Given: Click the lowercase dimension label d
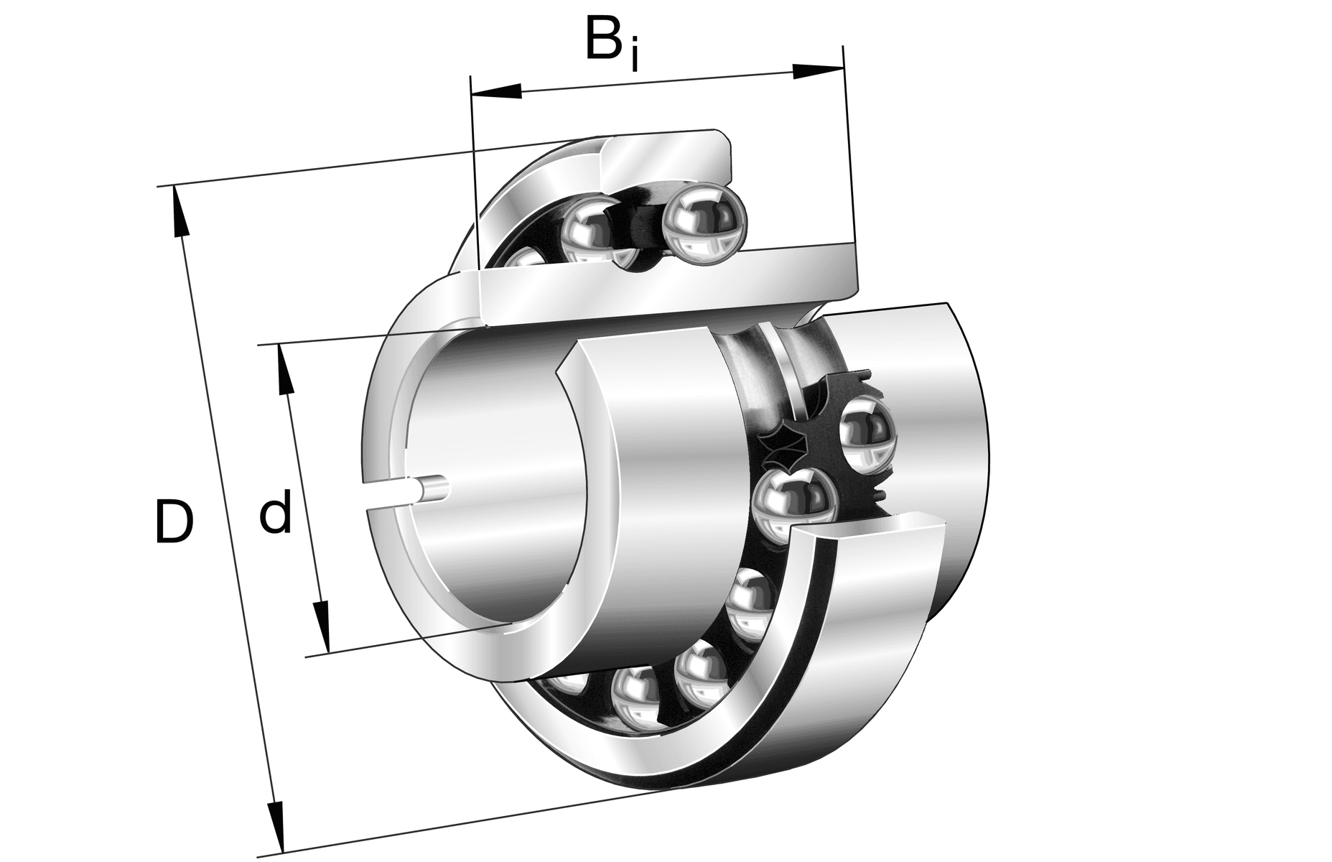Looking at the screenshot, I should coord(275,513).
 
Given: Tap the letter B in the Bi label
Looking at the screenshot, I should coord(603,40).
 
